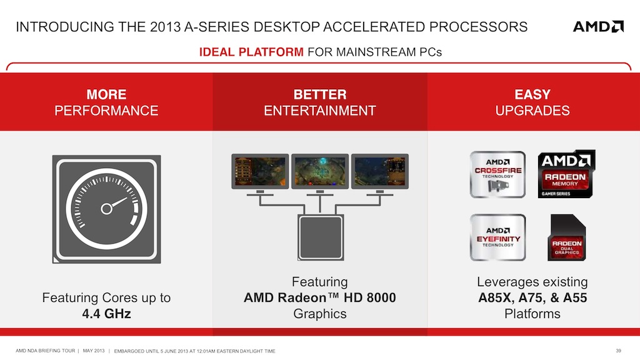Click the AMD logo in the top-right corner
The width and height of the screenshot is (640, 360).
click(598, 26)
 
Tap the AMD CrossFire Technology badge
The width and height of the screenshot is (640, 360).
click(497, 175)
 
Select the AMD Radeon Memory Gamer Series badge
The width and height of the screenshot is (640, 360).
click(566, 174)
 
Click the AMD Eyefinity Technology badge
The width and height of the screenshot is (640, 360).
click(497, 237)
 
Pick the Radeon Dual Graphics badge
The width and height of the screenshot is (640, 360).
click(566, 237)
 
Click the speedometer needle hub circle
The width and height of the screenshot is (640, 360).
click(106, 209)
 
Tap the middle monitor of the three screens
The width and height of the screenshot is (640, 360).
click(320, 171)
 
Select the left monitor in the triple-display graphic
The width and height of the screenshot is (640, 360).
click(260, 171)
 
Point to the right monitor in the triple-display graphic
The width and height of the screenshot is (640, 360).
click(380, 171)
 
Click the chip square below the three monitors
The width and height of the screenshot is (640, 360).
click(321, 237)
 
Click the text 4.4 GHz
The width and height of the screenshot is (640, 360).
click(106, 314)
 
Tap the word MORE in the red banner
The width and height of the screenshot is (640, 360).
click(106, 95)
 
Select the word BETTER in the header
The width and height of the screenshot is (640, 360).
click(320, 95)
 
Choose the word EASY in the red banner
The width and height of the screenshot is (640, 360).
click(532, 95)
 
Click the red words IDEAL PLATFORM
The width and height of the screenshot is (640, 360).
click(251, 52)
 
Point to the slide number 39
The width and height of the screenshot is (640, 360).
click(618, 351)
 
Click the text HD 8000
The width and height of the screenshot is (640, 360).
click(370, 297)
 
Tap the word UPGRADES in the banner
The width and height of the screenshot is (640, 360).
click(532, 111)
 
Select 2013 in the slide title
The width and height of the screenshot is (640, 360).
click(165, 27)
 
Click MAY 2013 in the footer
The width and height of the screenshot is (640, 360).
click(94, 351)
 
